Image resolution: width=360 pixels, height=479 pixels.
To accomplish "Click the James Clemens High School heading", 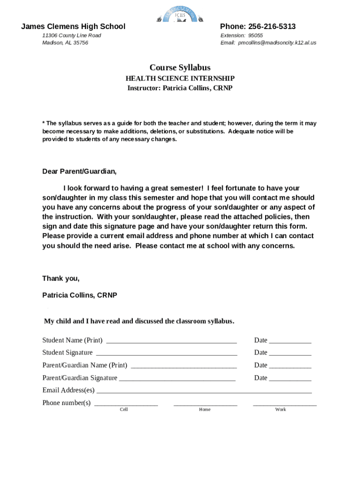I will (x=73, y=27).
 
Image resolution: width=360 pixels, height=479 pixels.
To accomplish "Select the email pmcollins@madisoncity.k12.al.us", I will (x=277, y=43).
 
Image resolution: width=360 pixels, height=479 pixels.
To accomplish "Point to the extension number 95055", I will (x=255, y=36).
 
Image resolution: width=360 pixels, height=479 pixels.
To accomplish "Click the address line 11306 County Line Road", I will (x=72, y=36).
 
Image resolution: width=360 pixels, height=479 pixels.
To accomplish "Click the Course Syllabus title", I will (x=180, y=68).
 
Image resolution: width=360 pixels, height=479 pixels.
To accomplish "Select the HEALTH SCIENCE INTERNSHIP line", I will (x=180, y=79).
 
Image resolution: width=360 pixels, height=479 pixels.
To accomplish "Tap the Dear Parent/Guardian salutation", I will (x=79, y=171).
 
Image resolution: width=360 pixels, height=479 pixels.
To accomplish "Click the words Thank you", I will (x=61, y=279).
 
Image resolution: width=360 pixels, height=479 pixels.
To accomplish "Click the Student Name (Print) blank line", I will (x=171, y=341).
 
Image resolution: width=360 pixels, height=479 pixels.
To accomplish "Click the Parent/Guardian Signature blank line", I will (x=178, y=379).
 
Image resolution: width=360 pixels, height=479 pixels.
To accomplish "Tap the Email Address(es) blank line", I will (x=204, y=392).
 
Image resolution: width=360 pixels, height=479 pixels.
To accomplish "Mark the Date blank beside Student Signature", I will (x=290, y=354).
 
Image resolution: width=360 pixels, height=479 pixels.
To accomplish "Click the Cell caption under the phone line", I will (x=124, y=410).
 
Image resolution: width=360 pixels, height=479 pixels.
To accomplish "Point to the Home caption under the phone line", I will (x=205, y=410).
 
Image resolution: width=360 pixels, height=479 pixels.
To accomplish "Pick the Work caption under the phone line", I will (x=281, y=410).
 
